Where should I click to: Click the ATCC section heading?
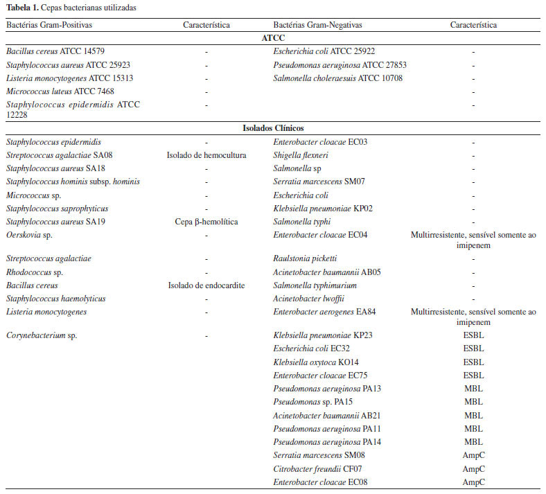pyautogui.click(x=273, y=38)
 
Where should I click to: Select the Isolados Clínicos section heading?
pyautogui.click(x=273, y=128)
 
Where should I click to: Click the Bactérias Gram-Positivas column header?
pyautogui.click(x=49, y=25)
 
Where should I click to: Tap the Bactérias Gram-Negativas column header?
pyautogui.click(x=317, y=25)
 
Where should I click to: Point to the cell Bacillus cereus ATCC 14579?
pyautogui.click(x=55, y=51)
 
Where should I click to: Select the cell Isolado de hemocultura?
pyautogui.click(x=206, y=155)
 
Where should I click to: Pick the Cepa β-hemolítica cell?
pyautogui.click(x=206, y=222)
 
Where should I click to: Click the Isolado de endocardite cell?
pyautogui.click(x=206, y=285)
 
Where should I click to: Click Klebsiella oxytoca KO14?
pyautogui.click(x=316, y=362)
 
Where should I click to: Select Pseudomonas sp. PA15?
pyautogui.click(x=309, y=402)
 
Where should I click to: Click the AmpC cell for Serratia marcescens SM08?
pyautogui.click(x=473, y=456)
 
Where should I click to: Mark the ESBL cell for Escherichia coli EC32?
pyautogui.click(x=473, y=349)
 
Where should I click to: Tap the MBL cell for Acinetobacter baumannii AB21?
pyautogui.click(x=473, y=416)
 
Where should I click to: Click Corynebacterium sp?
pyautogui.click(x=42, y=335)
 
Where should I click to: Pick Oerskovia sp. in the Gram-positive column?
pyautogui.click(x=30, y=236)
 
